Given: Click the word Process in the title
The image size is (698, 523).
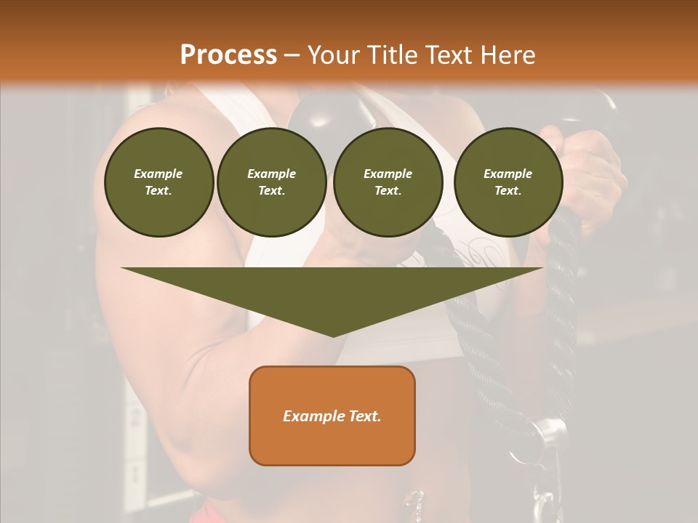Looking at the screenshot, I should (228, 55).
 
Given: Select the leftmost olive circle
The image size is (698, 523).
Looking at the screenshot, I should (159, 182).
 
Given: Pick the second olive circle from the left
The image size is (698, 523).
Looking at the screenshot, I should (272, 182).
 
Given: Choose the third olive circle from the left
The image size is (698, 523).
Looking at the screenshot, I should (388, 182).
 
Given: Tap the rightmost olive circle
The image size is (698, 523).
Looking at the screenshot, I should (508, 182).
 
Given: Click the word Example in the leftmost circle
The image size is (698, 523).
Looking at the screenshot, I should (159, 174).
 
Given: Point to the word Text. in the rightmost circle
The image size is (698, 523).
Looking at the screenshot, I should (508, 191).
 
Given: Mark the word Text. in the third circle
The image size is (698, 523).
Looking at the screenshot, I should (388, 191).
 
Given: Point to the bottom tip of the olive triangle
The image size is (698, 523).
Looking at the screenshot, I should (332, 335).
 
